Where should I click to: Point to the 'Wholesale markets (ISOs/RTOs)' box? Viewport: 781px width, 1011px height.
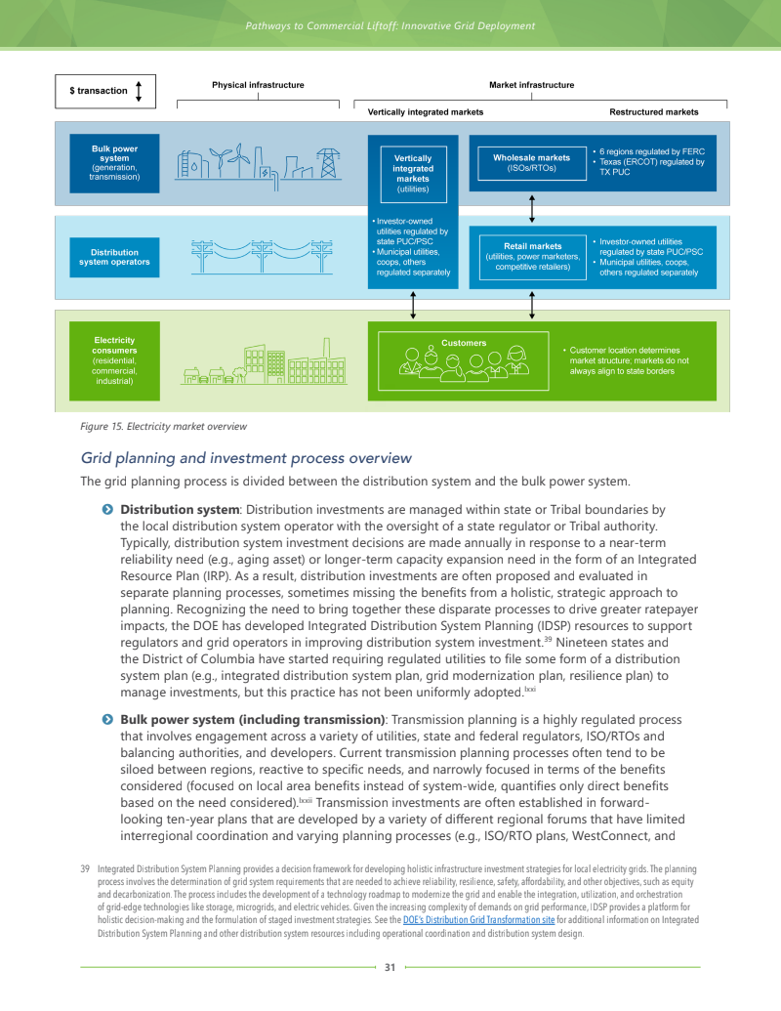tap(531, 163)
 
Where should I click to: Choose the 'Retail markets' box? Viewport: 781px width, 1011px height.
tap(532, 256)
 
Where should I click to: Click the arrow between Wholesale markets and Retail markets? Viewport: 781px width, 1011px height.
tap(531, 208)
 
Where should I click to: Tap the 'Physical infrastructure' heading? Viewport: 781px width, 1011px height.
tap(258, 85)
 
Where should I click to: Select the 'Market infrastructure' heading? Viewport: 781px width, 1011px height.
tap(531, 85)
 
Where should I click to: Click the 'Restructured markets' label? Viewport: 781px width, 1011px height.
tap(653, 112)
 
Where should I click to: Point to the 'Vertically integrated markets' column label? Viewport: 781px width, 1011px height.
tap(426, 112)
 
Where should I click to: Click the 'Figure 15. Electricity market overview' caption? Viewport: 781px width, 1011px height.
tap(163, 426)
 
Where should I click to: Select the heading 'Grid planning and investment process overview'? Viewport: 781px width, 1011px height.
tap(246, 458)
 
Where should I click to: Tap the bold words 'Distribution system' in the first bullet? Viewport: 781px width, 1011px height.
tap(180, 510)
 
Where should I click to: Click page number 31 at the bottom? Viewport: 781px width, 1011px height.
tap(390, 967)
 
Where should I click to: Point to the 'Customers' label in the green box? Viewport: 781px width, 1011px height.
tap(464, 343)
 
